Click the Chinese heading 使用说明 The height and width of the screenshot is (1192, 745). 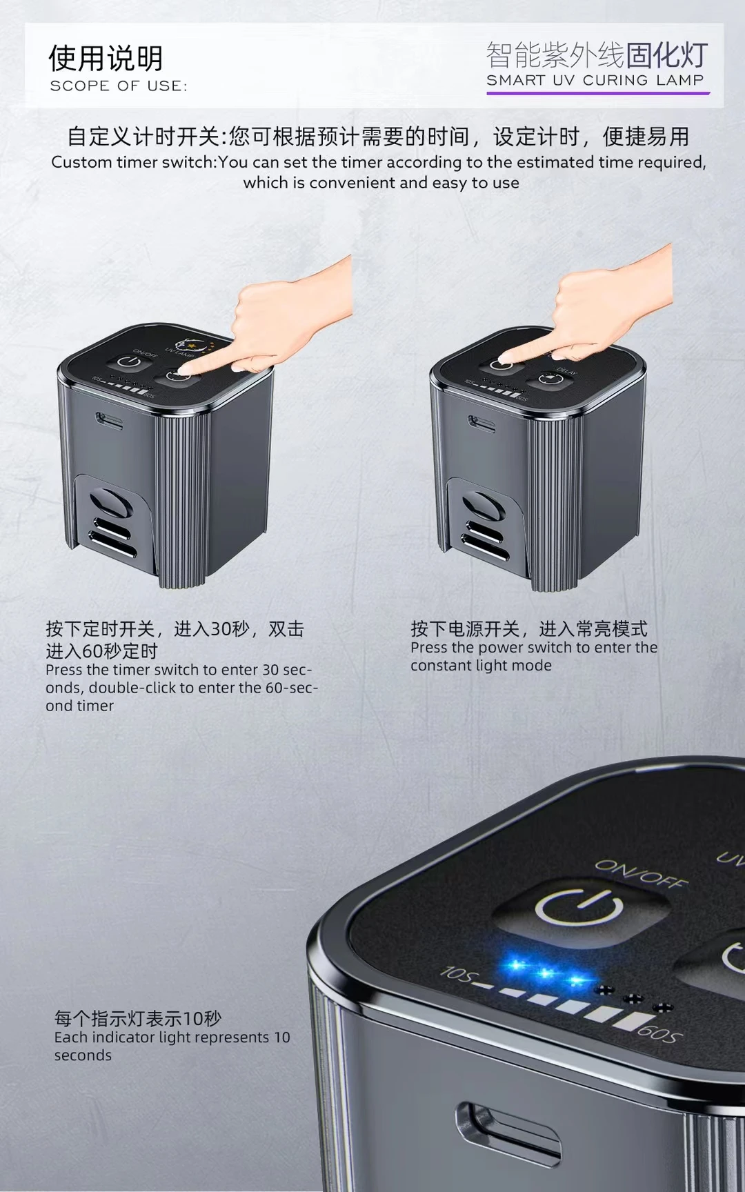click(106, 59)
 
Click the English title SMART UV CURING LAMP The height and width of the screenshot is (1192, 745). click(595, 81)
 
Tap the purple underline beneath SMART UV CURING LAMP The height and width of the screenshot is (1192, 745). click(598, 92)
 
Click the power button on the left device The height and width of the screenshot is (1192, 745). click(129, 363)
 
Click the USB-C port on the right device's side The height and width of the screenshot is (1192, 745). click(481, 422)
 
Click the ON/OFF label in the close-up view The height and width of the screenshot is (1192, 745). click(641, 874)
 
